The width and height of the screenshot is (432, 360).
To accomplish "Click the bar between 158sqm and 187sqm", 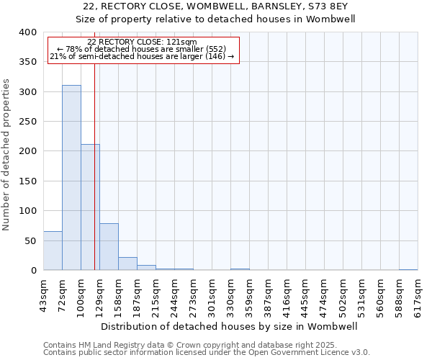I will [x=127, y=264].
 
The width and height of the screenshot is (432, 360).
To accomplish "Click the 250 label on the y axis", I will [x=27, y=122].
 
